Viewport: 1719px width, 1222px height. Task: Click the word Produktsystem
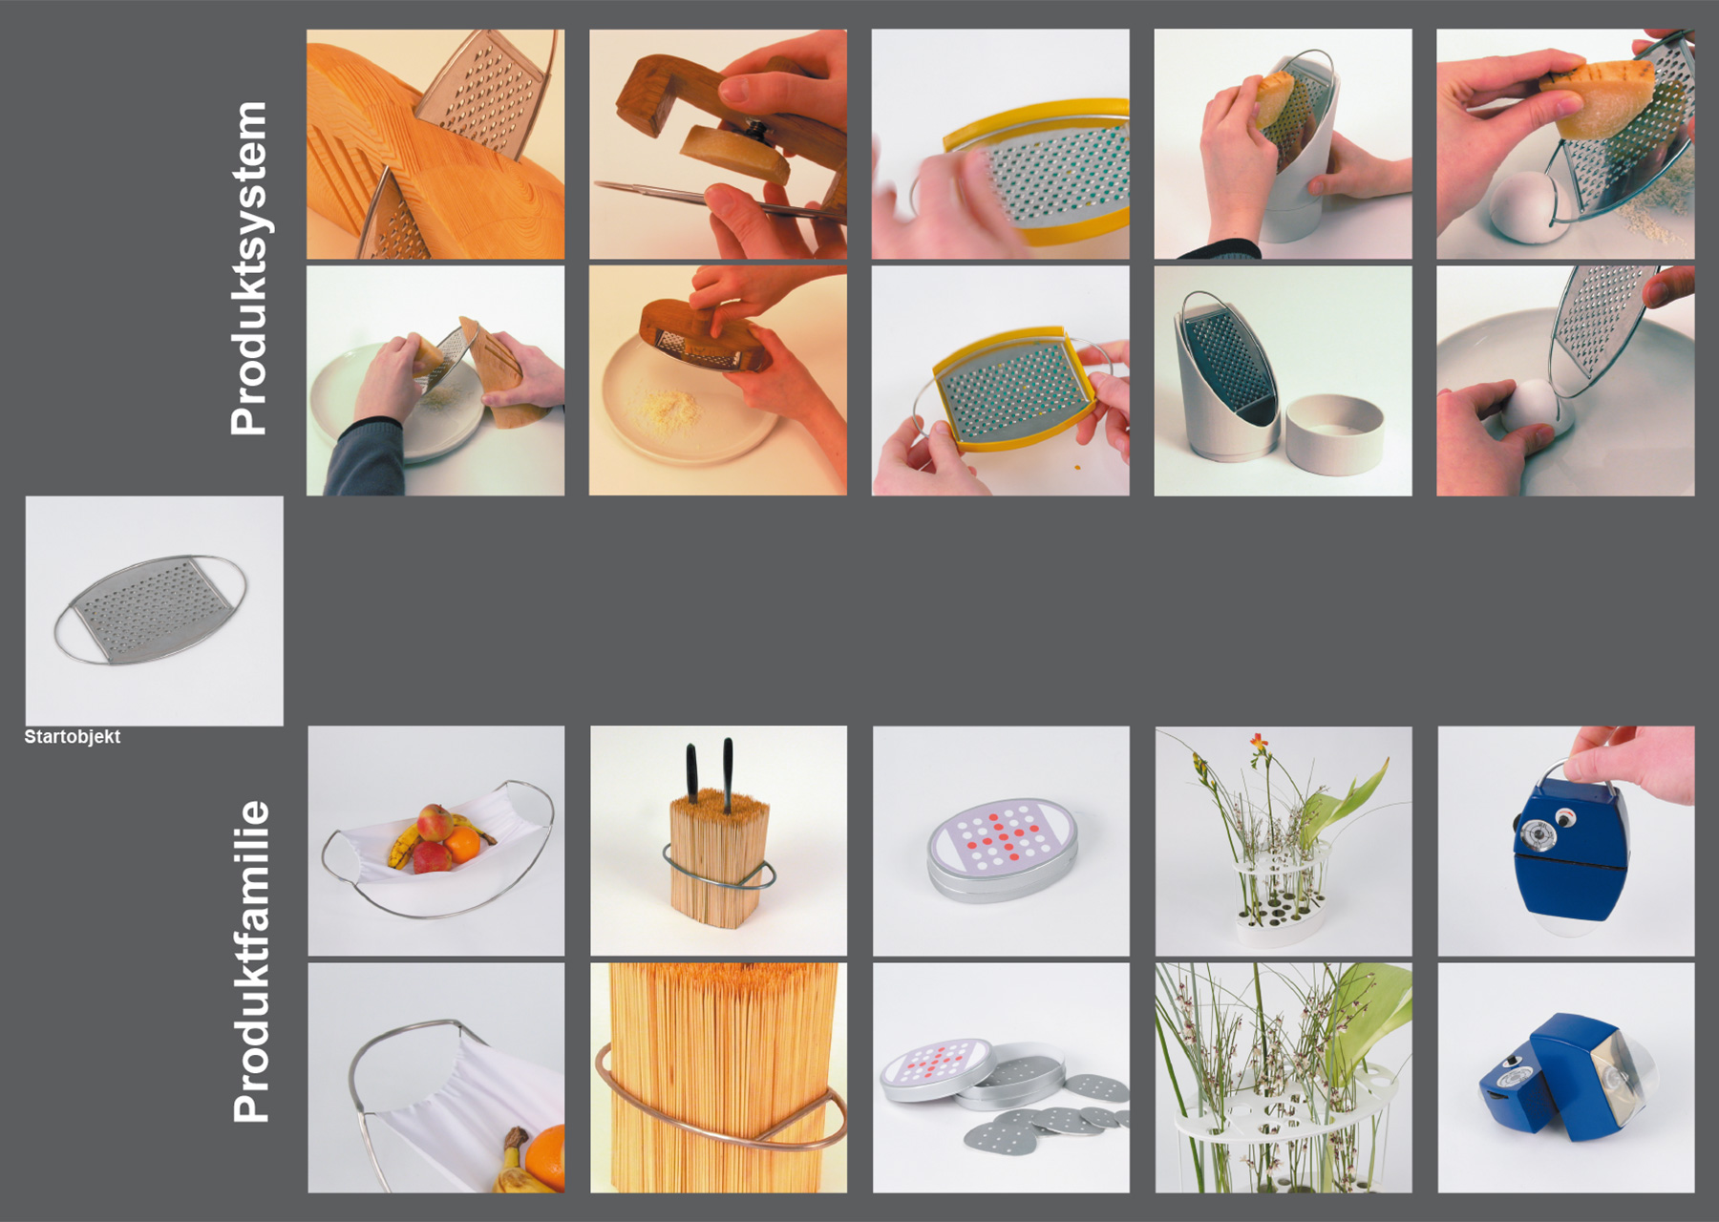click(x=249, y=268)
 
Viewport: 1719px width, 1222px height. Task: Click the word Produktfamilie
click(x=251, y=961)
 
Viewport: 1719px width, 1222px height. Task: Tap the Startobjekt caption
click(x=73, y=737)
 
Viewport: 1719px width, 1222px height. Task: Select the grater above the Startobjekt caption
click(x=151, y=609)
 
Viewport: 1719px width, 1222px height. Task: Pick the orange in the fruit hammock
click(x=463, y=844)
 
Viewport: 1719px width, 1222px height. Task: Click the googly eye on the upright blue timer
click(x=1564, y=818)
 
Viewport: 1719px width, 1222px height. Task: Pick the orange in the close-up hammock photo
click(x=544, y=1158)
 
